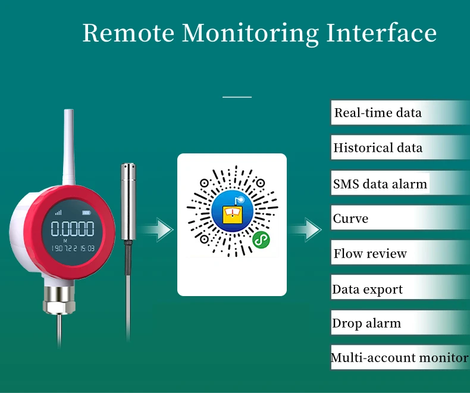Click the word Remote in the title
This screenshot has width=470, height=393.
(128, 33)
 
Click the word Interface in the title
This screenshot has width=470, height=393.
(381, 33)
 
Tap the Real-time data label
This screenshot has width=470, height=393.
(378, 113)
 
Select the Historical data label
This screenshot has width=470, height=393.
(378, 148)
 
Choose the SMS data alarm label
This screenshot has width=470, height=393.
(380, 184)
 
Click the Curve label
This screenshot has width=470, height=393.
(351, 219)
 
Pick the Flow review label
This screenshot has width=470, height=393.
(370, 254)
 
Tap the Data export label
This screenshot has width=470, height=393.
(368, 290)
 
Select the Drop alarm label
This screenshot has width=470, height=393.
(366, 324)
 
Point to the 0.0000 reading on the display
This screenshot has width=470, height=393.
(72, 229)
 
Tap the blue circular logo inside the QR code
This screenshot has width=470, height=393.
(232, 211)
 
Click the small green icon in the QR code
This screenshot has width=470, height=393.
(260, 239)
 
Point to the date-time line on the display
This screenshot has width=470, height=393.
(73, 248)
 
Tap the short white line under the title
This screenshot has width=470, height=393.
(237, 96)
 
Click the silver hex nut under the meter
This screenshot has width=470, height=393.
(59, 306)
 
